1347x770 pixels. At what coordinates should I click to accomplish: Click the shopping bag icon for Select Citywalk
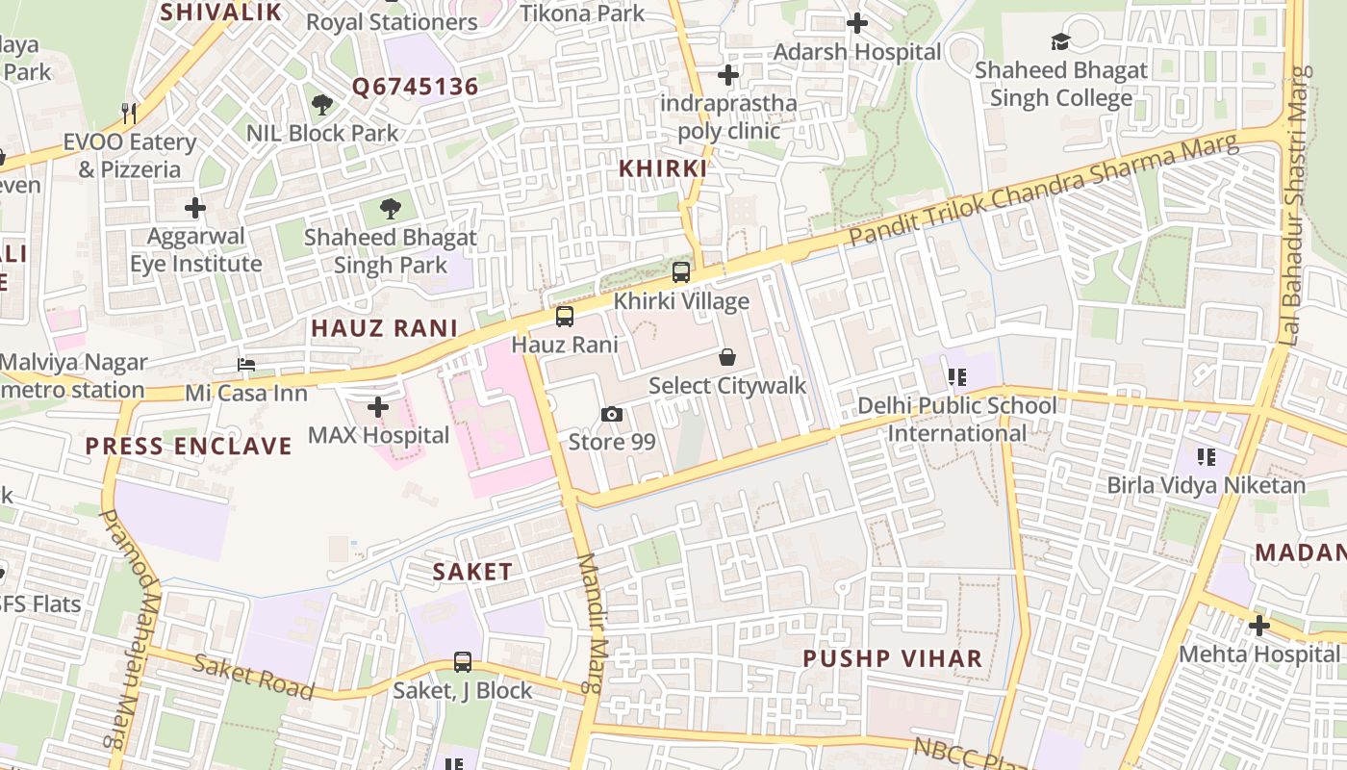click(727, 357)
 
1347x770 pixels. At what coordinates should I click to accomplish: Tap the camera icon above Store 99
click(611, 414)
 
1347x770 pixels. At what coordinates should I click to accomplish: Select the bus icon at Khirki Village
click(681, 272)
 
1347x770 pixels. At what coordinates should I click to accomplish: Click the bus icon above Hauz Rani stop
click(565, 316)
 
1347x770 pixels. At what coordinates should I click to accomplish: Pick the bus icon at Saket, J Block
click(463, 662)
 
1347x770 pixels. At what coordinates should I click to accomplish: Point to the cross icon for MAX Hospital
click(378, 407)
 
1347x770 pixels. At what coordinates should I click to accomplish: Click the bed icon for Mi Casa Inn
click(246, 365)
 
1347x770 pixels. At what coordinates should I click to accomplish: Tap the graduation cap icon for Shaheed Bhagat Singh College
click(1060, 41)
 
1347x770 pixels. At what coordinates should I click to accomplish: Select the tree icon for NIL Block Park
click(322, 104)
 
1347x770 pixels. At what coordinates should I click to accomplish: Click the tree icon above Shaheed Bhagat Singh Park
click(390, 208)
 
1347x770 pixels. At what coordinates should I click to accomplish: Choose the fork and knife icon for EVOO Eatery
click(129, 114)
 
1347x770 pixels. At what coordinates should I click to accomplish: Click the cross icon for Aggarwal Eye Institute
click(195, 207)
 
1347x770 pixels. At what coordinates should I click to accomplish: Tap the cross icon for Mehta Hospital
click(1258, 626)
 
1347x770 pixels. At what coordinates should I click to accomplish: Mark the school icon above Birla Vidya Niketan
click(1206, 456)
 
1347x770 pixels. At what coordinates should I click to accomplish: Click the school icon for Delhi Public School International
click(956, 376)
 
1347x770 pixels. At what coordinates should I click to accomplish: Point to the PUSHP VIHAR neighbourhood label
click(893, 658)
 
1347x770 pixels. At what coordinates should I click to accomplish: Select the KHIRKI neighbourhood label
click(662, 168)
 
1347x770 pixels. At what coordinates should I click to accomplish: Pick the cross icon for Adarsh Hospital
click(857, 23)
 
